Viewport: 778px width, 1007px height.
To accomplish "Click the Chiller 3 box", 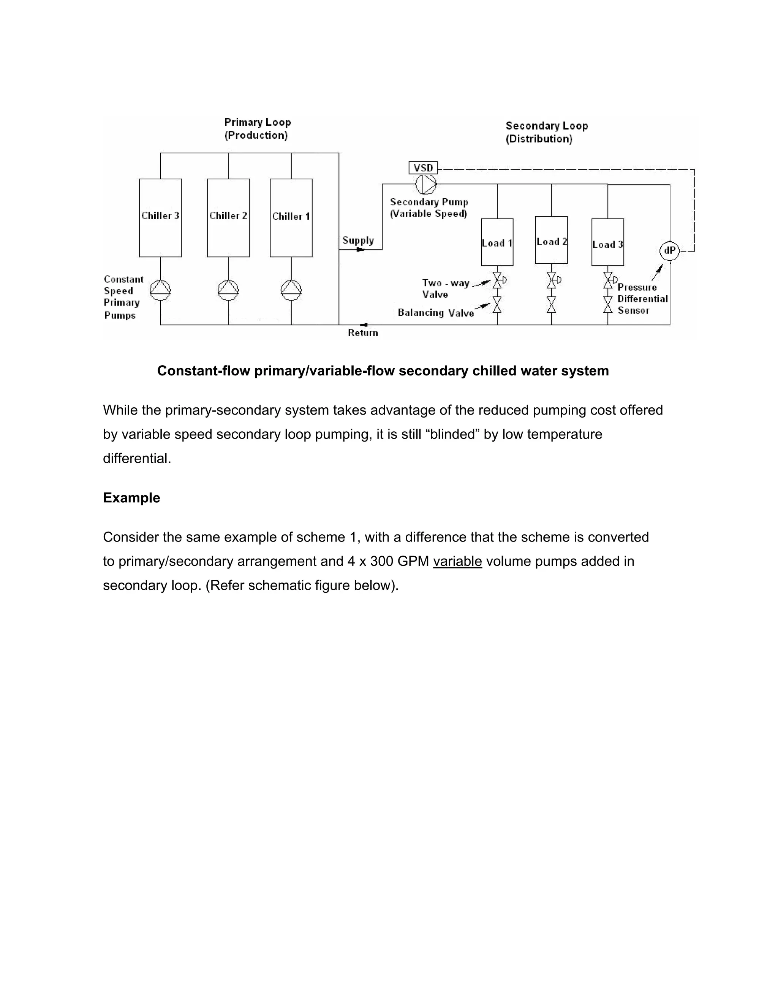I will tap(160, 218).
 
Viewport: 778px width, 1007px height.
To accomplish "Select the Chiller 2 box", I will tap(228, 218).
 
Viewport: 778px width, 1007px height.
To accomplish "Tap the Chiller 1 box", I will tap(291, 218).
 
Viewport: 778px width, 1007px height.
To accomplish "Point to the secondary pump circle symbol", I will tap(426, 184).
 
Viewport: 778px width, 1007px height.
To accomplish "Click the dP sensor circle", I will tap(670, 251).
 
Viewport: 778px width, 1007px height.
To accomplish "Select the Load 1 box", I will tap(497, 242).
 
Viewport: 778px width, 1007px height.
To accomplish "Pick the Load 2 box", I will tap(551, 240).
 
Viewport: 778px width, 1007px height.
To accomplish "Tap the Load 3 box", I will tap(607, 242).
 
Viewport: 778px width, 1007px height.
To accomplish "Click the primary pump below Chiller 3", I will tap(160, 290).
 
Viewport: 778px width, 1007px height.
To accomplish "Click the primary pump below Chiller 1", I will tap(291, 290).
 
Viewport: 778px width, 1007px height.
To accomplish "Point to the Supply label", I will tap(358, 240).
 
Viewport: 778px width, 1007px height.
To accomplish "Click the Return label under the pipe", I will tap(363, 333).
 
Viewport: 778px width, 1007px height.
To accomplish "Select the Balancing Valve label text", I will tap(436, 313).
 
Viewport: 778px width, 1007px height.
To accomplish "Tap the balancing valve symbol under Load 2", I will tap(551, 305).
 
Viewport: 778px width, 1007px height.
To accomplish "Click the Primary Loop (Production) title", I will tap(257, 129).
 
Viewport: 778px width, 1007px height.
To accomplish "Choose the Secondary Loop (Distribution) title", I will tap(547, 132).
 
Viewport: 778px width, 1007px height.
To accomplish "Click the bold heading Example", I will tap(131, 498).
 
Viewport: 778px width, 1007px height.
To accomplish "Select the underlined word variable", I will tap(457, 561).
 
